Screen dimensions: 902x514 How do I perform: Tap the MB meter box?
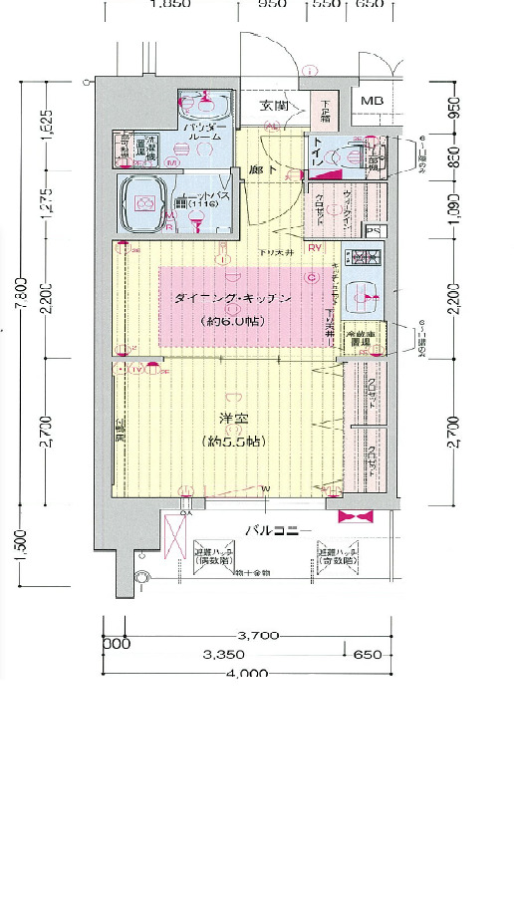pyautogui.click(x=372, y=101)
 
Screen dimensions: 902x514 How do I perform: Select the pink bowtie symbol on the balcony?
pyautogui.click(x=356, y=517)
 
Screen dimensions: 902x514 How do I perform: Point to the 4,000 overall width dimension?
pyautogui.click(x=247, y=674)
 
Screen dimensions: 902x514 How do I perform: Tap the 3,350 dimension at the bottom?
pyautogui.click(x=225, y=655)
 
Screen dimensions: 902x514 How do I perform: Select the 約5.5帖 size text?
pyautogui.click(x=231, y=441)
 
